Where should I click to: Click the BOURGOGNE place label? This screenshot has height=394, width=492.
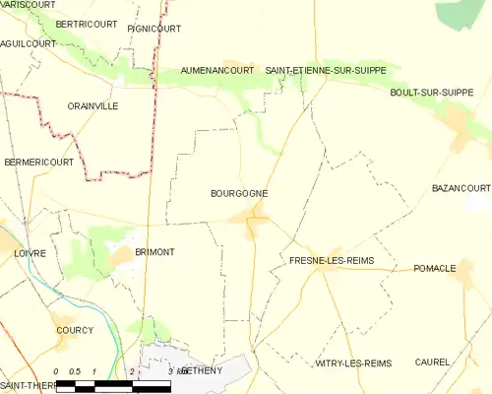coord(239,194)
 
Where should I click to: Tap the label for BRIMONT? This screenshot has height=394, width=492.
coord(154,252)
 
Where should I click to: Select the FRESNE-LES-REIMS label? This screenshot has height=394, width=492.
coord(330,261)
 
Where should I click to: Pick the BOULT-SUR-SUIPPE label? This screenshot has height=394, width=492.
coord(431,93)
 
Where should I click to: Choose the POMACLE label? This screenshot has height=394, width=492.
coord(434,268)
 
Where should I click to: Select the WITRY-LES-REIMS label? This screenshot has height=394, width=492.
coord(352,363)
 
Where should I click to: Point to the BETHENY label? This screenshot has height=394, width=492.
coord(203,369)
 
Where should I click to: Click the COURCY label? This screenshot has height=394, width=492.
coord(75,330)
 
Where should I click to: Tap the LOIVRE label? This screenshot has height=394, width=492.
coord(30,253)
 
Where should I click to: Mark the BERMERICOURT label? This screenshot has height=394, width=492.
coord(38,162)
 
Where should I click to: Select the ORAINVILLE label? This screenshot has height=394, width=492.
coord(92,105)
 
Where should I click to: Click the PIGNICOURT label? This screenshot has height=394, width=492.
coord(154,29)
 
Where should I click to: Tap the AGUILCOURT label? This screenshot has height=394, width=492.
coord(27,44)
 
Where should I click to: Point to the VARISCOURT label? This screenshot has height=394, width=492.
coord(27,5)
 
